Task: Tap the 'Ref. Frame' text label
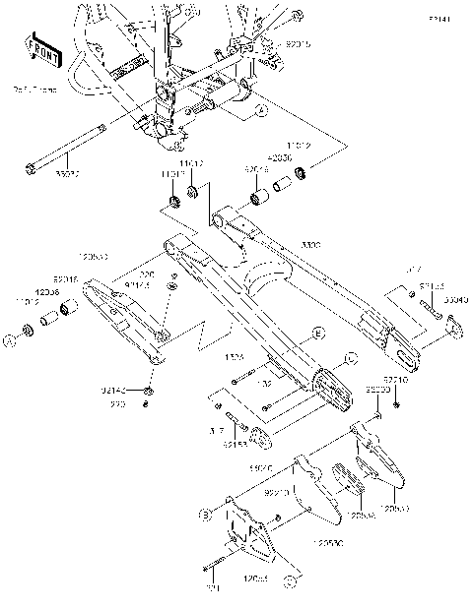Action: pos(35,90)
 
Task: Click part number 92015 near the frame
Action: pos(298,45)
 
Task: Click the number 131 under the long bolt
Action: pos(209,588)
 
